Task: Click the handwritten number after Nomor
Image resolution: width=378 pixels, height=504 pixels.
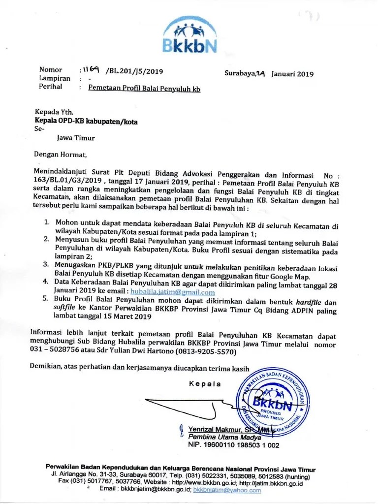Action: point(93,70)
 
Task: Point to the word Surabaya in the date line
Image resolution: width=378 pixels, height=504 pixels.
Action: point(240,74)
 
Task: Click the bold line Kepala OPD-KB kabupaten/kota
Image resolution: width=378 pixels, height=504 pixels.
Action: point(87,120)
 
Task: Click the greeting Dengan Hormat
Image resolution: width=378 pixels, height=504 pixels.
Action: point(60,155)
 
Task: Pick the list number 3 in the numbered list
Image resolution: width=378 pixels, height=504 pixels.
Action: point(46,264)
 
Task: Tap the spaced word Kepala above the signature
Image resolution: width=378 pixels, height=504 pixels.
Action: point(205,384)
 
